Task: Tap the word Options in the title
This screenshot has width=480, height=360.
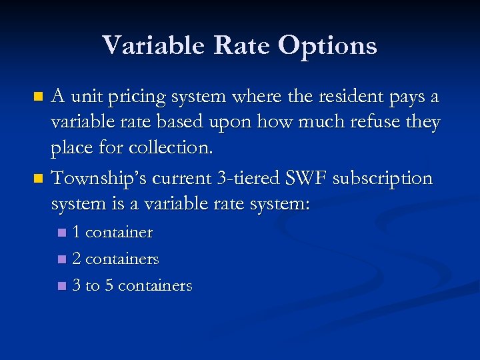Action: coord(327,46)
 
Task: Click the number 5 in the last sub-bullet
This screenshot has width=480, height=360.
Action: coord(109,286)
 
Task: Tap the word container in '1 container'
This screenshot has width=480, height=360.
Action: coord(119,233)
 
